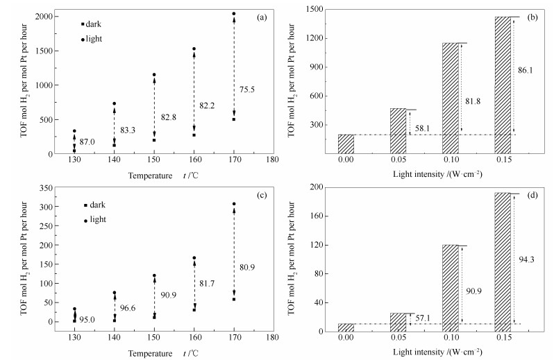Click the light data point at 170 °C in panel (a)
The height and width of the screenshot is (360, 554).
[234, 14]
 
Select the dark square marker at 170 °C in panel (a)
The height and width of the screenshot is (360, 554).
[234, 119]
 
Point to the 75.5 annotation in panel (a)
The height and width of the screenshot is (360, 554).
[248, 89]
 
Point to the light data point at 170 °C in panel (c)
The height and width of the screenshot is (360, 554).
[234, 204]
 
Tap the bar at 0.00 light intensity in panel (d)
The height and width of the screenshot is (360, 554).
[346, 327]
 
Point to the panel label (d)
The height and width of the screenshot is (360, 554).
[530, 195]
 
